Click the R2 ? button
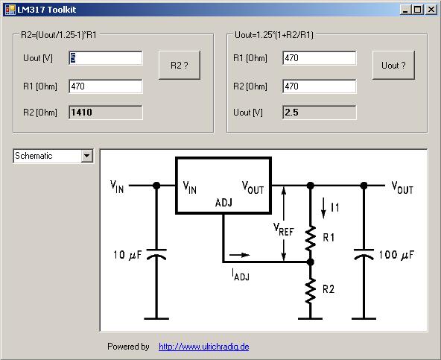[x=180, y=65]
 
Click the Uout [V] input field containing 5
[x=106, y=58]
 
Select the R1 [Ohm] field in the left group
[x=106, y=86]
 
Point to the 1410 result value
[x=81, y=113]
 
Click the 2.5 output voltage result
[x=292, y=113]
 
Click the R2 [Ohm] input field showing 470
[x=320, y=86]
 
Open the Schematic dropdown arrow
[x=87, y=156]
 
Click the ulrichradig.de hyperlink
[x=203, y=346]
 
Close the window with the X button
[x=431, y=10]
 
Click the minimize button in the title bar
[x=405, y=10]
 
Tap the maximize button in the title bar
[x=418, y=10]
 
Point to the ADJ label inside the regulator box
[x=223, y=203]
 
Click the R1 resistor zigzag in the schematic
[x=310, y=238]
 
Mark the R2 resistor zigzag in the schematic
[x=310, y=291]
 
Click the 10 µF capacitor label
[x=127, y=255]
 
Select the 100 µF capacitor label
[x=396, y=255]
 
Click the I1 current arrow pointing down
[x=323, y=208]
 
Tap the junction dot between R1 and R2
[x=310, y=262]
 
